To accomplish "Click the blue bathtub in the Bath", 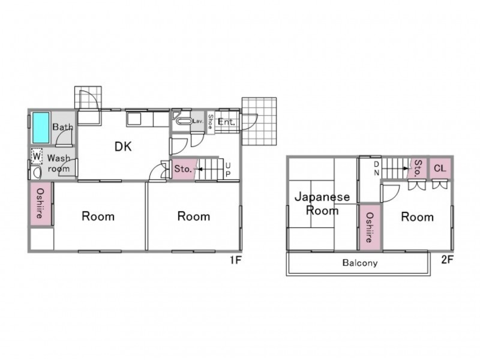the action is click(x=41, y=128).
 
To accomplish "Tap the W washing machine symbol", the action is click(x=37, y=157).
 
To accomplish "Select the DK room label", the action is click(x=123, y=146).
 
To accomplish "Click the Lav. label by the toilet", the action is click(x=198, y=121).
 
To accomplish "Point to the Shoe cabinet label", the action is click(x=211, y=122).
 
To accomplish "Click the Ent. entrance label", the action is click(x=227, y=122).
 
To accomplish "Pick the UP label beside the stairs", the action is click(x=228, y=170).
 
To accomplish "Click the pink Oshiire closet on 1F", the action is click(x=41, y=203).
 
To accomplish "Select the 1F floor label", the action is click(x=236, y=260).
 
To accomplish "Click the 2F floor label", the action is click(x=447, y=260).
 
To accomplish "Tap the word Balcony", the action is click(x=360, y=263).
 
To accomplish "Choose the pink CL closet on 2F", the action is click(x=440, y=168).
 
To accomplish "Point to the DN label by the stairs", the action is click(x=377, y=169).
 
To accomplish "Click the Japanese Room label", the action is click(x=322, y=203).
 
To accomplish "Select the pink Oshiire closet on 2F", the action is click(x=370, y=227).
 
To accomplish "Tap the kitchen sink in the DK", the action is click(x=134, y=119).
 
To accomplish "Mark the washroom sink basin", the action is click(x=37, y=173).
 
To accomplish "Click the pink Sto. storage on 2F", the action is click(x=418, y=168).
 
